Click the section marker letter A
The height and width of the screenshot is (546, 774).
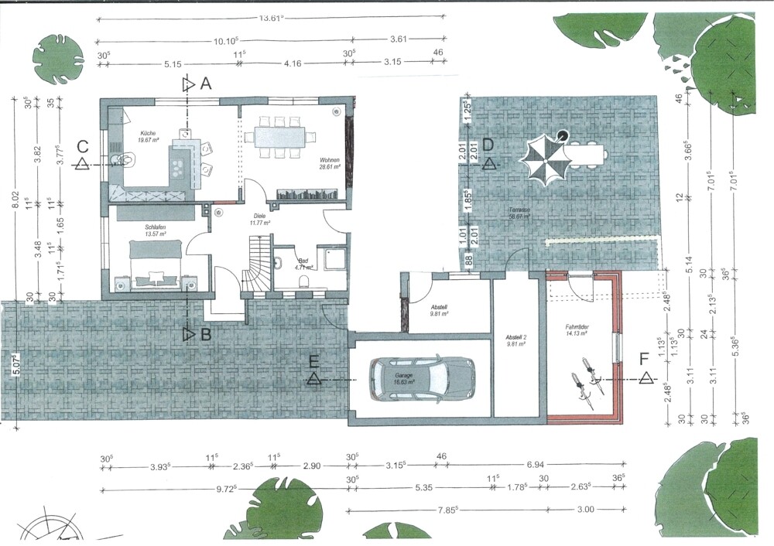(206, 84)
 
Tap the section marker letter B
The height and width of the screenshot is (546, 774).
(206, 335)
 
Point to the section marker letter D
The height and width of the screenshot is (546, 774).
(488, 145)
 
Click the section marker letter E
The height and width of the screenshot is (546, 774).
(313, 361)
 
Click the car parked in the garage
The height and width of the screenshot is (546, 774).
(423, 377)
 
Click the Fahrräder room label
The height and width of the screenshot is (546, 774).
(577, 329)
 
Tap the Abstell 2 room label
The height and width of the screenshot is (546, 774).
(516, 338)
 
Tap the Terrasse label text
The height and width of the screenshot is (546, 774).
(519, 212)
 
